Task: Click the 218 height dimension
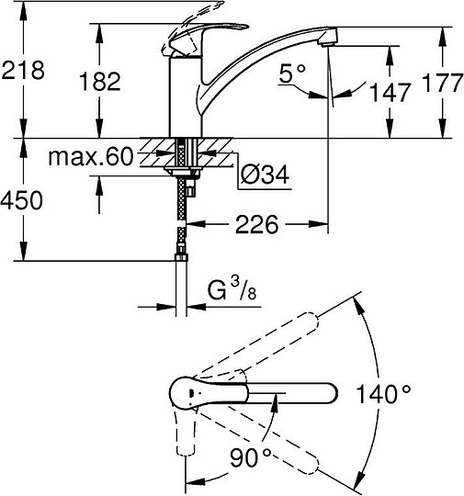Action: (x=23, y=70)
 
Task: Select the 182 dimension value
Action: (x=100, y=82)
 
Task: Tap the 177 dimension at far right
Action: (x=443, y=83)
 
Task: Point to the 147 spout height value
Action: (x=390, y=93)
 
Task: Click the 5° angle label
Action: (x=292, y=73)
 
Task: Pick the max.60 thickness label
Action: (x=91, y=156)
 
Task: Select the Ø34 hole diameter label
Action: (x=265, y=175)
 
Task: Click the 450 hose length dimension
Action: (x=21, y=200)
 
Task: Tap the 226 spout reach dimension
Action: (x=256, y=224)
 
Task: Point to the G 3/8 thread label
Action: (x=232, y=289)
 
